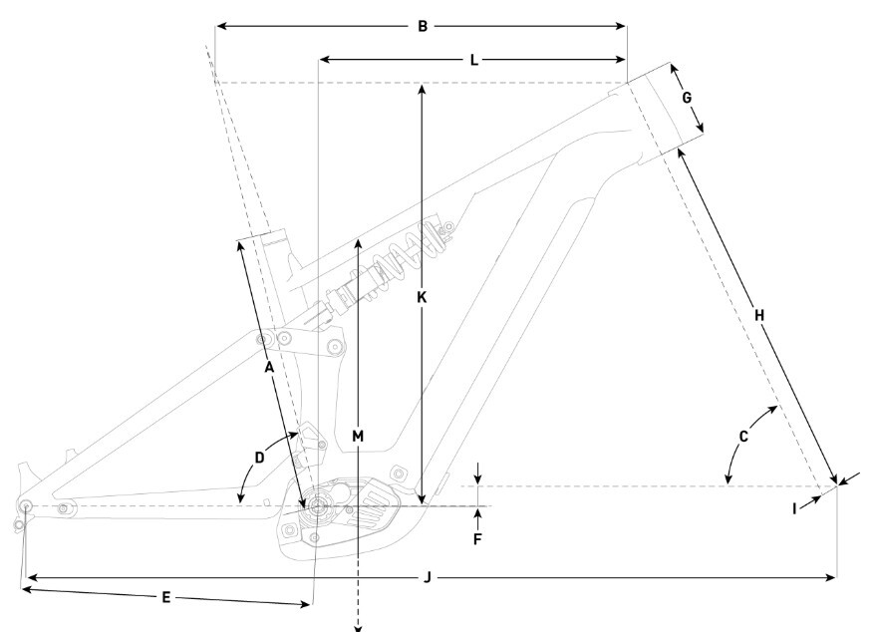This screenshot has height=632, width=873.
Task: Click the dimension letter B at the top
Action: [x=423, y=26]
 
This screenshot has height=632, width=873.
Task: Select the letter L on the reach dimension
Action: [x=473, y=60]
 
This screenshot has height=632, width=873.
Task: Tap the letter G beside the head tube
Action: [x=687, y=98]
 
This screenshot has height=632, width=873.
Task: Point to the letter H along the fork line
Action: [x=759, y=316]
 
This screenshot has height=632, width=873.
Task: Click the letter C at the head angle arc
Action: [x=743, y=437]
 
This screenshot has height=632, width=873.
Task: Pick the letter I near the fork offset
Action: [x=794, y=508]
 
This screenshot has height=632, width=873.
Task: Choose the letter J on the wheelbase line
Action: [x=428, y=577]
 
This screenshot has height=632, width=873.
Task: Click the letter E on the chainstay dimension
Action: [x=165, y=598]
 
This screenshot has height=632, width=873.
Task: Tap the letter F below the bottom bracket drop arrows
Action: [x=477, y=539]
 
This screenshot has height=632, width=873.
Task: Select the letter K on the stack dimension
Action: [x=422, y=298]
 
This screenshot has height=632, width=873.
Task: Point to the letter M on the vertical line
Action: [x=358, y=436]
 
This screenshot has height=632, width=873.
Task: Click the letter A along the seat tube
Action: [x=269, y=368]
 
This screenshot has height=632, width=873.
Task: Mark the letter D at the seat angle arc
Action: [x=259, y=459]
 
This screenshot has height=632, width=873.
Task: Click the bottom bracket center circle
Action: [x=317, y=506]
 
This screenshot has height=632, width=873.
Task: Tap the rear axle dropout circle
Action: [x=26, y=505]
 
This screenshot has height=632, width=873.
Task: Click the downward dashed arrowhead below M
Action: [x=358, y=629]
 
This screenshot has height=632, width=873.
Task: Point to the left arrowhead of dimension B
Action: [x=221, y=26]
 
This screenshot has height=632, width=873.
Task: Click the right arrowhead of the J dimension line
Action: [x=831, y=578]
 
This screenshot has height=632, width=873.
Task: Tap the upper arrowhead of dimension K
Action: [x=422, y=89]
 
